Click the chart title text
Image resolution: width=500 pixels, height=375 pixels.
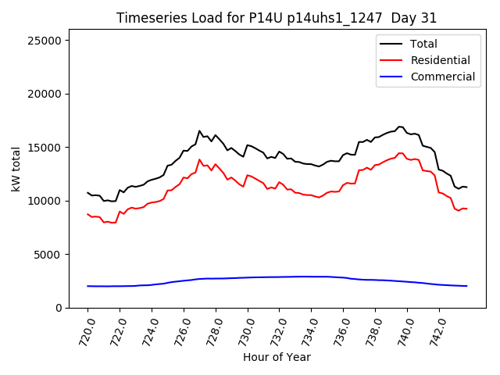(x=277, y=18)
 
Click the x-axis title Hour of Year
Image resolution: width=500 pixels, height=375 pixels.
(x=277, y=357)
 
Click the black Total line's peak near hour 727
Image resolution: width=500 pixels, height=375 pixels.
(x=199, y=131)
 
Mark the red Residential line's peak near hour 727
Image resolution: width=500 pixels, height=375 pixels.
(x=199, y=159)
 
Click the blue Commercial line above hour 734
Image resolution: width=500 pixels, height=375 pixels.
(x=311, y=277)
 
